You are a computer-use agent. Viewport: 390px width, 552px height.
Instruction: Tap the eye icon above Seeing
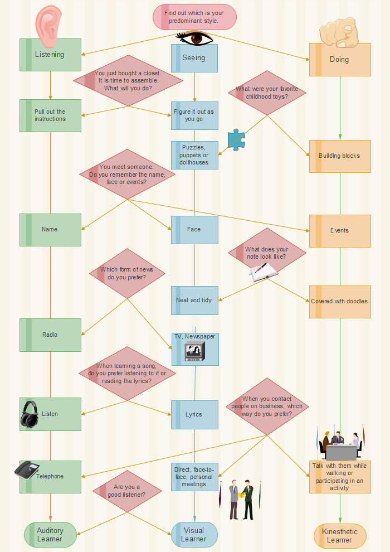(x=194, y=38)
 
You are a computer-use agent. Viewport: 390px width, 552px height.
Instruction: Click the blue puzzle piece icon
(x=236, y=141)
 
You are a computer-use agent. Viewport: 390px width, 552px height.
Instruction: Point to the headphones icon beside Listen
(x=30, y=414)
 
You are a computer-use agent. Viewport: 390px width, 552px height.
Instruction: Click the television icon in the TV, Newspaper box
(x=194, y=352)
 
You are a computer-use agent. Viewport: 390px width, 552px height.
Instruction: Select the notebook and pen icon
(x=263, y=272)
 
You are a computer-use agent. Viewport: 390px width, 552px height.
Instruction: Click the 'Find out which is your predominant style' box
(x=195, y=17)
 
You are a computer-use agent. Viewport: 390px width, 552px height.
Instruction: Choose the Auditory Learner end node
(x=50, y=535)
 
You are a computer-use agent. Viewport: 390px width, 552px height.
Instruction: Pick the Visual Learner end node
(x=194, y=535)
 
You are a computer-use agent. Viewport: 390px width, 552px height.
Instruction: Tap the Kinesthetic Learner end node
(x=340, y=536)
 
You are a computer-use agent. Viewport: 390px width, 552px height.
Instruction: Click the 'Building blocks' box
(x=340, y=156)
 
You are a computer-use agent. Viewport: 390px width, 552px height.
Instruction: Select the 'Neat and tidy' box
(x=194, y=300)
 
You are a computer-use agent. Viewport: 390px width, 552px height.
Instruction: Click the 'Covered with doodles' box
(x=340, y=302)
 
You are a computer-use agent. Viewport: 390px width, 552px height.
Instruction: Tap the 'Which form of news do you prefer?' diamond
(x=128, y=274)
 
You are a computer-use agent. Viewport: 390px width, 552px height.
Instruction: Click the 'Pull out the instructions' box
(x=50, y=115)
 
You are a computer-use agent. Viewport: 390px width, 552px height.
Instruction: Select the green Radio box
(x=50, y=335)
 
